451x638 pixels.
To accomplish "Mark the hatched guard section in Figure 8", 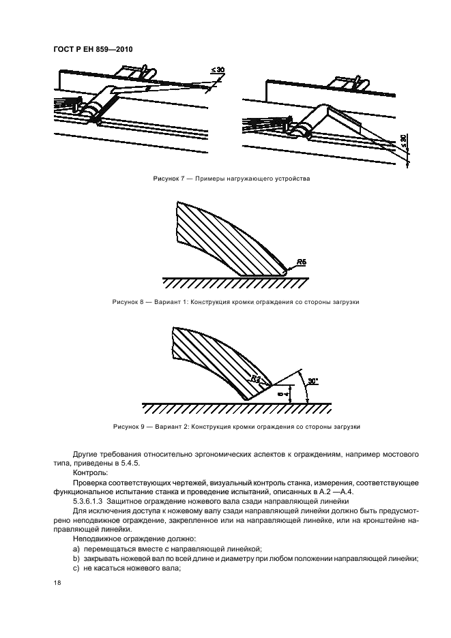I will pyautogui.click(x=225, y=239).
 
